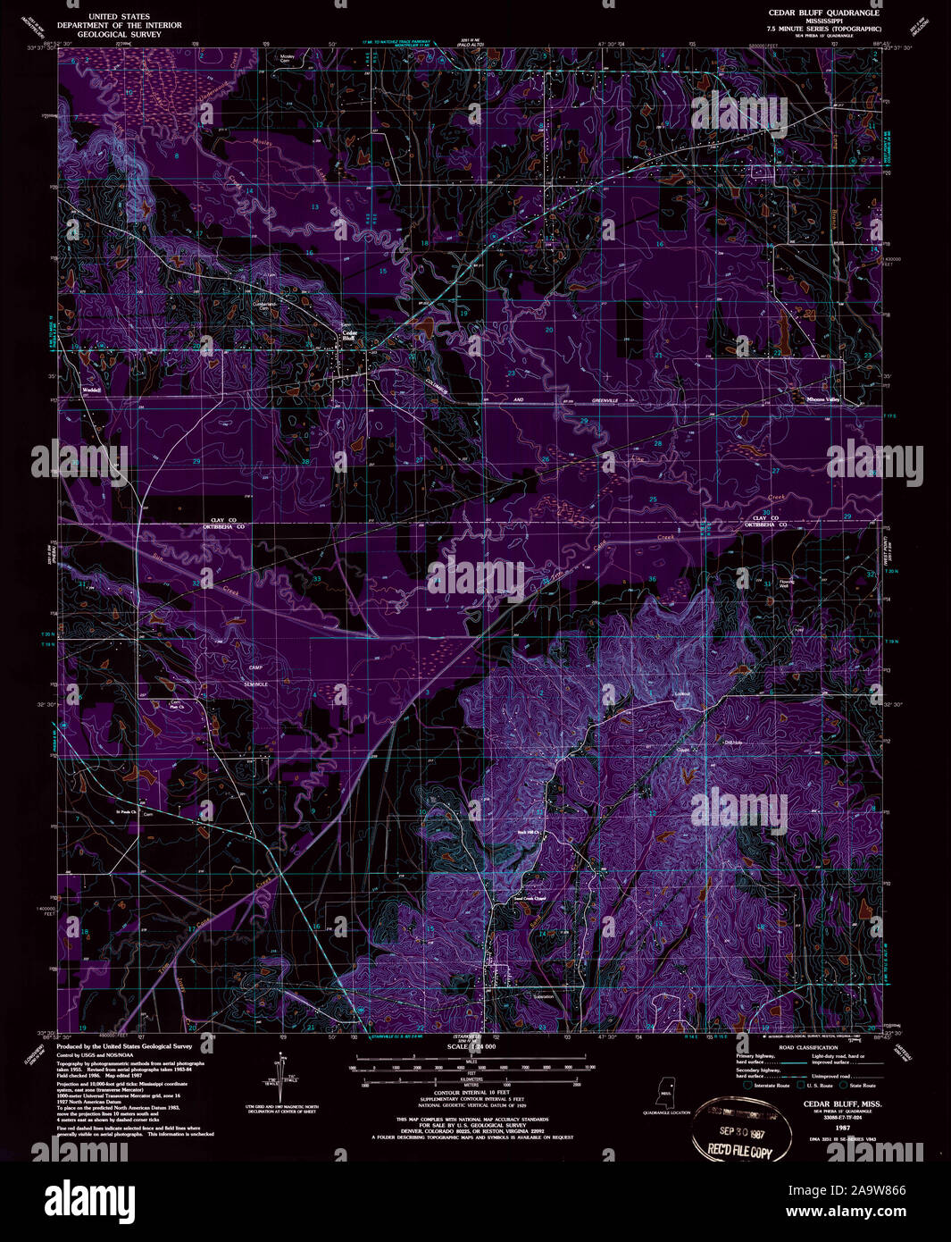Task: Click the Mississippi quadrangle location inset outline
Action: click(665, 1092)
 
